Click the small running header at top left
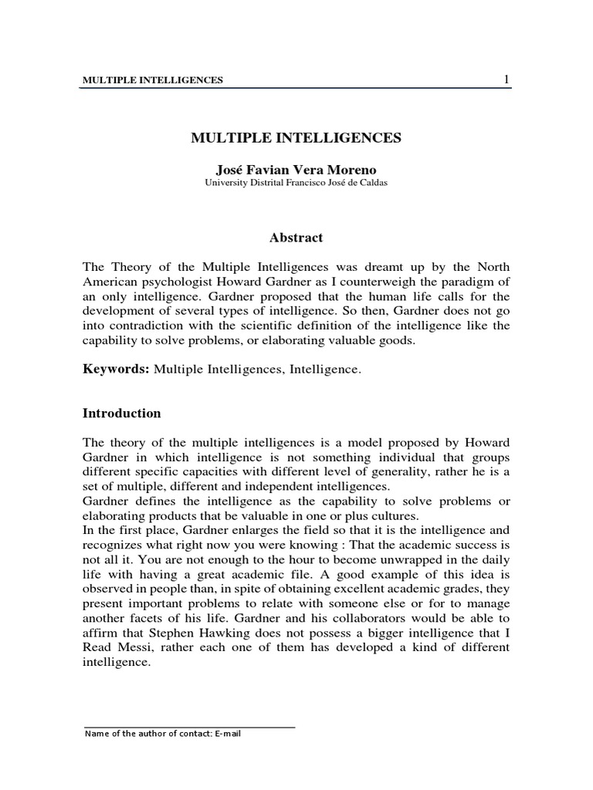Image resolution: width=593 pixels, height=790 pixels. (153, 80)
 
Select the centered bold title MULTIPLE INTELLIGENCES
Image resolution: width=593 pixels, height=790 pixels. (296, 138)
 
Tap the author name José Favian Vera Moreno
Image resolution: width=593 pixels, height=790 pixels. (296, 169)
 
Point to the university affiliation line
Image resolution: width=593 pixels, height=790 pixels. (296, 183)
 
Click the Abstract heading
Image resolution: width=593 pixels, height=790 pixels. (296, 238)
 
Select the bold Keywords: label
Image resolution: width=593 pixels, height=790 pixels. (116, 370)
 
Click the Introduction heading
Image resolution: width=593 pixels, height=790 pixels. (122, 414)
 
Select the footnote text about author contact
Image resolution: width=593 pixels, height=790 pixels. (163, 734)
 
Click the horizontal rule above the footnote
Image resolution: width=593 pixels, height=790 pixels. (189, 727)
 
